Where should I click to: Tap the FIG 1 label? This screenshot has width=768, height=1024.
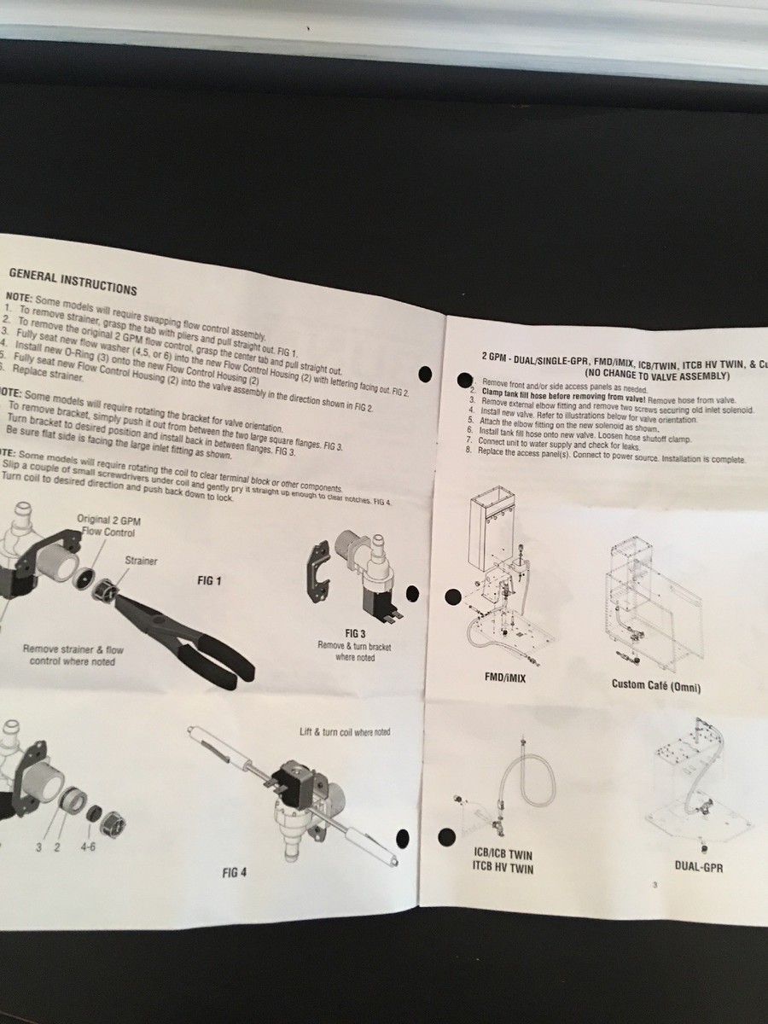209,581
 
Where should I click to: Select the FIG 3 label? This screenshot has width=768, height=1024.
355,633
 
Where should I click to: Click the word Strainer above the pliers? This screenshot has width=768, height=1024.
142,561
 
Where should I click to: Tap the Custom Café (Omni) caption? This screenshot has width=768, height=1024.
655,684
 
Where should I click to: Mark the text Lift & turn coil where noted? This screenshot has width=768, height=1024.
345,732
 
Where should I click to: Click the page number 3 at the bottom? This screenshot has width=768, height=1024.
654,885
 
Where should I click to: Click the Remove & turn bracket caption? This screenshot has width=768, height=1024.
354,652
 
